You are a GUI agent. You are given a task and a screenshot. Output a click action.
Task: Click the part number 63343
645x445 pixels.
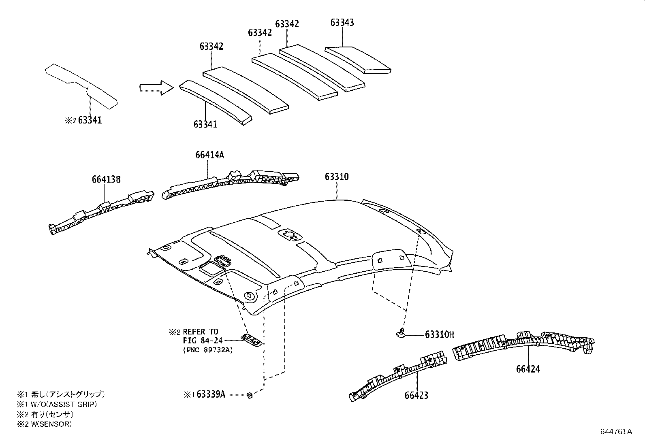[x=342, y=23]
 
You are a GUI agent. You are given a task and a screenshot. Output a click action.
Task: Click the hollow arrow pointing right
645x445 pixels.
[x=156, y=87]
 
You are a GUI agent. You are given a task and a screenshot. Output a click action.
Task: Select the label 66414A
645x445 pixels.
[x=209, y=155]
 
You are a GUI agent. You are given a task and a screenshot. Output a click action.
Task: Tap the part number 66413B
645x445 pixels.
[x=106, y=179]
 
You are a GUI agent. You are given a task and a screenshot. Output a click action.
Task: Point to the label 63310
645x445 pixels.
[x=336, y=177]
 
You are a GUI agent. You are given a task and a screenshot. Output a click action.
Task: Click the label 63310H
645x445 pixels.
[x=439, y=334]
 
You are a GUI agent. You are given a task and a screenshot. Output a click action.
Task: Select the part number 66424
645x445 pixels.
[x=528, y=369]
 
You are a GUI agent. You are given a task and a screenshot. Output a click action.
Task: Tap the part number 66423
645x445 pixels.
[x=416, y=395]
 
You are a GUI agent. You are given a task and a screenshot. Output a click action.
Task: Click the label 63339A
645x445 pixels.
[x=210, y=394]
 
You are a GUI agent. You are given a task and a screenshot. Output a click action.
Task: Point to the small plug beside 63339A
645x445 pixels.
[x=250, y=395]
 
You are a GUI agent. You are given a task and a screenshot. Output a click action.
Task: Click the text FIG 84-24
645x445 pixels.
[x=203, y=341]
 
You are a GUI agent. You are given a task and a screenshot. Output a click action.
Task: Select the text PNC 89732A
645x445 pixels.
[x=208, y=350]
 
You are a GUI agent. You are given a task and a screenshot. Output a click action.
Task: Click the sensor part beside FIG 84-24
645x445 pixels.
[x=252, y=341]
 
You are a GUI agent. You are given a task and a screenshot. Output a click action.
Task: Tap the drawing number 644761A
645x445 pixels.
[x=616, y=432]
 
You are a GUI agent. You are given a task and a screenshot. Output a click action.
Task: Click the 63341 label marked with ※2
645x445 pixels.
[x=90, y=120]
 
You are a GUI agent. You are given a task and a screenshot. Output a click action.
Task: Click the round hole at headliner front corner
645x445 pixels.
[x=249, y=296]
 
